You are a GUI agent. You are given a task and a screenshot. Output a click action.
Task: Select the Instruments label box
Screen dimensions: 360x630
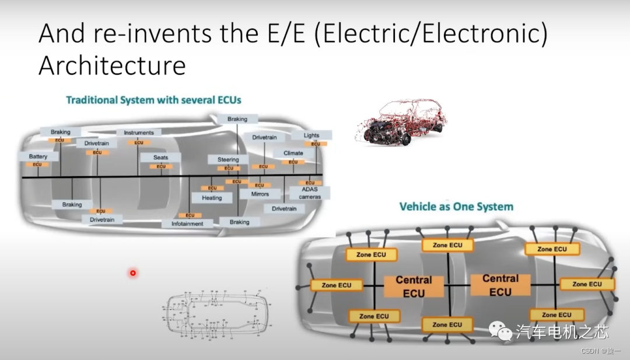(138, 132)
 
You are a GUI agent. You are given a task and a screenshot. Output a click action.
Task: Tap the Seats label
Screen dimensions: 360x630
(160, 158)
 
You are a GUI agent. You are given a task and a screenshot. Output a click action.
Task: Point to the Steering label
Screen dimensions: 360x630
(228, 159)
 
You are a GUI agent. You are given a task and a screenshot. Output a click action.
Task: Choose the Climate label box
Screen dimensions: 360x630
(293, 153)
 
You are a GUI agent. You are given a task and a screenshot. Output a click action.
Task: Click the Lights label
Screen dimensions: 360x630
(311, 135)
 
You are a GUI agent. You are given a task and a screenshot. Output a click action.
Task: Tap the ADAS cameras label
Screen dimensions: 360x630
(310, 193)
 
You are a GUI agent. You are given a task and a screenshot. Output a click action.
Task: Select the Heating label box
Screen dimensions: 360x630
(212, 198)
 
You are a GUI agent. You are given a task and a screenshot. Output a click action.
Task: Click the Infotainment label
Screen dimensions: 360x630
(187, 223)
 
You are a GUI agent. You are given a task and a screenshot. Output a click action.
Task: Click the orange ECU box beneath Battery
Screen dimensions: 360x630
(37, 165)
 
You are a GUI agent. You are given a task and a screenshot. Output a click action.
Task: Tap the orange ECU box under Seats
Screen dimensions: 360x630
(161, 166)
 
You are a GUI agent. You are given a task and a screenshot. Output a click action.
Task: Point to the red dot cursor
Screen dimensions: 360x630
(133, 272)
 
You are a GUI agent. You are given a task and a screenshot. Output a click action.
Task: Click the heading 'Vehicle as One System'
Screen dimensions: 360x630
(456, 207)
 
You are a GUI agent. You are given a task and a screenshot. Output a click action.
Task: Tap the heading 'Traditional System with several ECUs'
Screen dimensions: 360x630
(153, 100)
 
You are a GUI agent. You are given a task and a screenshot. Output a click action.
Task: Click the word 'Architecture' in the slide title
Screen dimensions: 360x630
(112, 65)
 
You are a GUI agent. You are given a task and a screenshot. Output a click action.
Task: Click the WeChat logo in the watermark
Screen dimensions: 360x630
(501, 331)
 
